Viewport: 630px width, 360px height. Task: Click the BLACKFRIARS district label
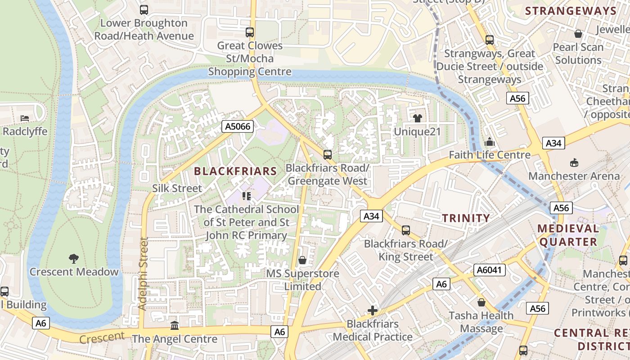pos(235,171)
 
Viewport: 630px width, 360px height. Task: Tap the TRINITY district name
pos(466,218)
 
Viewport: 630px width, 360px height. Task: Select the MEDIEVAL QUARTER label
pos(568,235)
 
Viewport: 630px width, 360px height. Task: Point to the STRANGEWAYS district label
pos(571,11)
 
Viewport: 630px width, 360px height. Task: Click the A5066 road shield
pos(238,127)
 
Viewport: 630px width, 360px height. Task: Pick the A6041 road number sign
pos(490,270)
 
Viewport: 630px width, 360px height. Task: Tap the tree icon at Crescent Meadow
pos(74,258)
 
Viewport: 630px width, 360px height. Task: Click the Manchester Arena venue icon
pos(574,162)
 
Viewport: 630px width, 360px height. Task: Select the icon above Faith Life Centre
pos(490,142)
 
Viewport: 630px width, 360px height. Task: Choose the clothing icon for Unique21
pos(417,118)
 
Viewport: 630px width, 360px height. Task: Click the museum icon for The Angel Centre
pos(175,325)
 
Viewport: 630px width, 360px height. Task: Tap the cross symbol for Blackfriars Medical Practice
pos(373,310)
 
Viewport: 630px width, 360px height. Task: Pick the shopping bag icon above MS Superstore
pos(302,260)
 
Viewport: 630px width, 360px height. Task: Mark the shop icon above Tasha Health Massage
pos(481,302)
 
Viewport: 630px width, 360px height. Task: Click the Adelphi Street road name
pos(143,274)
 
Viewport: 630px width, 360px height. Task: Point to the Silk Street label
pos(177,188)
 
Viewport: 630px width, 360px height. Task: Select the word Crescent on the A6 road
pos(102,337)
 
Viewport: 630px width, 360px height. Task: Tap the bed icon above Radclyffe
pos(25,118)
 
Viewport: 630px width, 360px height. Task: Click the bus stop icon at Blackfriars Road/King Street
pos(406,230)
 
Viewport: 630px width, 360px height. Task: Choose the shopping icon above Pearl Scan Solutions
pos(578,34)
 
